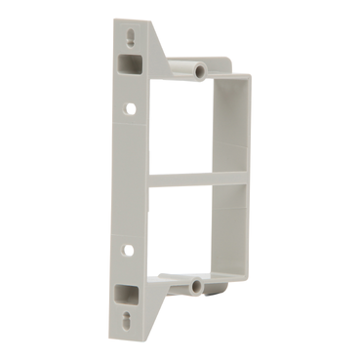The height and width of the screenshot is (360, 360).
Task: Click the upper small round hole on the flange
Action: pyautogui.click(x=129, y=109)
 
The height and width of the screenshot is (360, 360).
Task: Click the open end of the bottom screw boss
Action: pyautogui.click(x=197, y=286)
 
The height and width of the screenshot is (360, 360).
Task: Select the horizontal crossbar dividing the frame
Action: pyautogui.click(x=195, y=180)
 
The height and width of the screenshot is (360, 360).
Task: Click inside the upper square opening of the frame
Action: pyautogui.click(x=185, y=127)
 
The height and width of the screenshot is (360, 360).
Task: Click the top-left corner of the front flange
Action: pyautogui.click(x=115, y=22)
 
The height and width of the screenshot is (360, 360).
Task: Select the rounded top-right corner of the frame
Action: pyautogui.click(x=247, y=78)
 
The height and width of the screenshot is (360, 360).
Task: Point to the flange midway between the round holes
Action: pyautogui.click(x=129, y=180)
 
